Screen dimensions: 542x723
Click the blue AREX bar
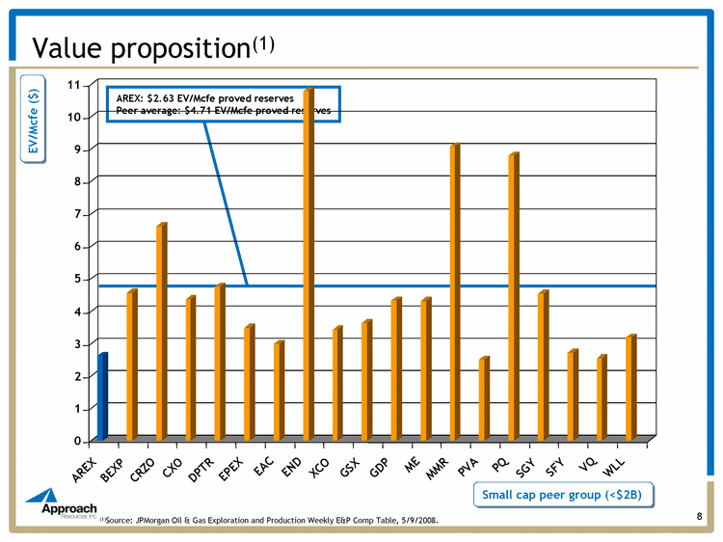(102, 397)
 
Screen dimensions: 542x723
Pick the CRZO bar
(161, 333)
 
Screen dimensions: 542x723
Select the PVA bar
(484, 399)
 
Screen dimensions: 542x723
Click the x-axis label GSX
(350, 461)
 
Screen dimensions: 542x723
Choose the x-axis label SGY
(525, 461)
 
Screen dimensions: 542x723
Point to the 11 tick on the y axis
(73, 85)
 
